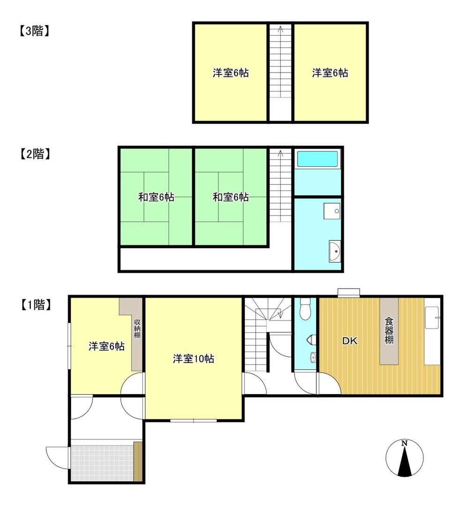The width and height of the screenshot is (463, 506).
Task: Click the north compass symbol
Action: tap(404, 459)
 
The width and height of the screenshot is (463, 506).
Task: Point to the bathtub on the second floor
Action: tap(317, 159)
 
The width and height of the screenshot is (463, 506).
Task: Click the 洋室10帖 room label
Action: tap(193, 359)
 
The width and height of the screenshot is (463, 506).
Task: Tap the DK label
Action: tap(349, 342)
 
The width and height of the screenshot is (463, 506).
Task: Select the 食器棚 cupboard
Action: tap(389, 331)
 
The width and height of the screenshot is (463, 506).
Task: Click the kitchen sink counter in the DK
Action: tap(432, 335)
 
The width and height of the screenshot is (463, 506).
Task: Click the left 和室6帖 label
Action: tap(156, 197)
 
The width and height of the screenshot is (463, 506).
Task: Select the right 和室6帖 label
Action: tap(230, 197)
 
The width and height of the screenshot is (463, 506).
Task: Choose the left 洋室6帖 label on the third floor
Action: tap(230, 73)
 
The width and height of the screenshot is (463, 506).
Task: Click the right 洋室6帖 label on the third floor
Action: tap(330, 73)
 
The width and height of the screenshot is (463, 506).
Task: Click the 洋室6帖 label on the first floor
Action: tap(106, 347)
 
